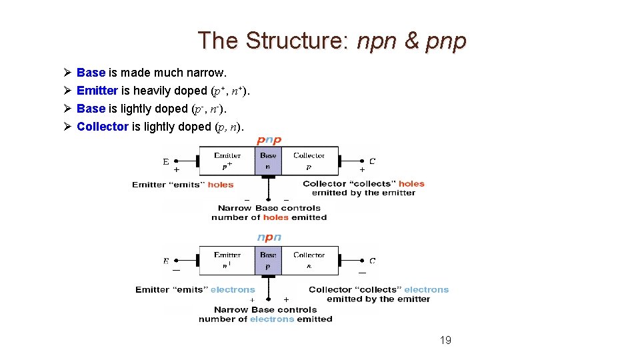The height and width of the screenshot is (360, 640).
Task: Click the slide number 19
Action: coord(445,341)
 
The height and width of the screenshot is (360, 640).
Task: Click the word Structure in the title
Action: coord(293,41)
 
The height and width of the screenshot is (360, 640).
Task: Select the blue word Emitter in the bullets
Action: coord(97,91)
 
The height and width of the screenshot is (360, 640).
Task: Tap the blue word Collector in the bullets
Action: coord(103,127)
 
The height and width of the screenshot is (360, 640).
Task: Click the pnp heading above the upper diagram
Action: coord(269,140)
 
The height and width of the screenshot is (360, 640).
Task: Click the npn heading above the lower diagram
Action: coord(269,237)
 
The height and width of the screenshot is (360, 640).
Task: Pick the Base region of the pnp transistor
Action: coord(268,161)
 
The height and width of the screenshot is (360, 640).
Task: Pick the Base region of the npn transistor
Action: coord(268,260)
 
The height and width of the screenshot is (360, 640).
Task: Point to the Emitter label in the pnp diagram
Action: coord(227,155)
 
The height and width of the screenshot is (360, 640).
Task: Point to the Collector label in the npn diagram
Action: coord(309,255)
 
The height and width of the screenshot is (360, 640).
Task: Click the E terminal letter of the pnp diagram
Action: coord(166,161)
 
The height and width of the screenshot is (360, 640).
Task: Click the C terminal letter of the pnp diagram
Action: coord(372,161)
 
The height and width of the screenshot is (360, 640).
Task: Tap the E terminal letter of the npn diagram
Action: coord(166,261)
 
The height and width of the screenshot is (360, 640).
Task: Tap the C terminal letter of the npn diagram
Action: coord(372,261)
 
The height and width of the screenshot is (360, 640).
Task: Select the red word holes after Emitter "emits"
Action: coord(221,185)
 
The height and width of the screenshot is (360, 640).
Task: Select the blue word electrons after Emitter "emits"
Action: coord(233,289)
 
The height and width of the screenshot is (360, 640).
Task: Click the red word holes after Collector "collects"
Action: coord(411,183)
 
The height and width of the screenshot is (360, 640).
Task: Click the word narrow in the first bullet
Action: coord(209,72)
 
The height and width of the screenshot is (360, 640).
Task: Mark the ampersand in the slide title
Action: coord(413,41)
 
